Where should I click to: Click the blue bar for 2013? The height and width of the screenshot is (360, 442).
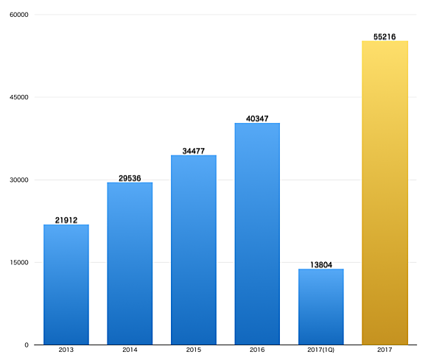pyautogui.click(x=66, y=285)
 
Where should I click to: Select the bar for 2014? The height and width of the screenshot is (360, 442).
pyautogui.click(x=130, y=264)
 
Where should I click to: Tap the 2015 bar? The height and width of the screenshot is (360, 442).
pyautogui.click(x=193, y=250)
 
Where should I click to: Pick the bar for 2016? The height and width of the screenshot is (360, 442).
pyautogui.click(x=257, y=234)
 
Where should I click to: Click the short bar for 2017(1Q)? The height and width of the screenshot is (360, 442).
pyautogui.click(x=320, y=307)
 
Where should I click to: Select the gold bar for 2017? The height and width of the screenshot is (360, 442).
pyautogui.click(x=385, y=193)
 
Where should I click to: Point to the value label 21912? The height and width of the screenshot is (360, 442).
pyautogui.click(x=66, y=220)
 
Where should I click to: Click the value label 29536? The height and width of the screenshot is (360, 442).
pyautogui.click(x=130, y=177)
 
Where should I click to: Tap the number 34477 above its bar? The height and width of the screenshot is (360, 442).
pyautogui.click(x=193, y=151)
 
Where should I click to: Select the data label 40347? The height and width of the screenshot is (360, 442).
pyautogui.click(x=257, y=119)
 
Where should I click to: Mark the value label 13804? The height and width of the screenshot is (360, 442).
pyautogui.click(x=320, y=264)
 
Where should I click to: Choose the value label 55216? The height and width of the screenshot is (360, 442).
pyautogui.click(x=385, y=36)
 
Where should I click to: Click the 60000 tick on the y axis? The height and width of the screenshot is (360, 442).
pyautogui.click(x=18, y=15)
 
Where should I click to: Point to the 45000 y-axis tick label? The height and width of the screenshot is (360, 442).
pyautogui.click(x=18, y=97)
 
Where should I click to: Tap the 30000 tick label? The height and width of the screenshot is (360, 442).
pyautogui.click(x=18, y=180)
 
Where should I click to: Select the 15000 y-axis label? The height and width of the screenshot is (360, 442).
pyautogui.click(x=18, y=262)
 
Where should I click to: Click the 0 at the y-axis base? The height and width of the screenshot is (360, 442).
pyautogui.click(x=27, y=345)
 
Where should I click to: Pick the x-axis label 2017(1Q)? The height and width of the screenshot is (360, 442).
pyautogui.click(x=320, y=351)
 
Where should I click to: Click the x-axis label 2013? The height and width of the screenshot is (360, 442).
pyautogui.click(x=66, y=351)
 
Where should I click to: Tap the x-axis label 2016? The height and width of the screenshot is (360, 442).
pyautogui.click(x=257, y=351)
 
